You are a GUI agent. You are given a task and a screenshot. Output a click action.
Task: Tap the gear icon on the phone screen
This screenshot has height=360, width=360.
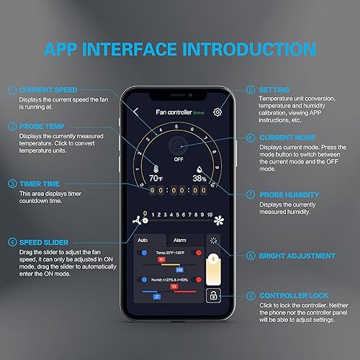pyautogui.click(x=218, y=112)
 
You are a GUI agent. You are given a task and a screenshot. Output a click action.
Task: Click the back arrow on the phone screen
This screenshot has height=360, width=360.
pyautogui.click(x=137, y=112)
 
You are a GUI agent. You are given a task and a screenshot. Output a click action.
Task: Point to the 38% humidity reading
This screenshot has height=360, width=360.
pyautogui.click(x=199, y=177)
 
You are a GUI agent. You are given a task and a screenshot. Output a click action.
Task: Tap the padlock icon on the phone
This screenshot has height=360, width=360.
pyautogui.click(x=212, y=296)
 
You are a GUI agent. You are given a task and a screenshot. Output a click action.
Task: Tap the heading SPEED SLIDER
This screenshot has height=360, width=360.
pyautogui.click(x=45, y=241)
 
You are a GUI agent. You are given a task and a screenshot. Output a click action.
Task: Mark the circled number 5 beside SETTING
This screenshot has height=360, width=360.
pyautogui.click(x=250, y=90)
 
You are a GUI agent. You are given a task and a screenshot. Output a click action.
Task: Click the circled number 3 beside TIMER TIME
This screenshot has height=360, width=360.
pyautogui.click(x=11, y=184)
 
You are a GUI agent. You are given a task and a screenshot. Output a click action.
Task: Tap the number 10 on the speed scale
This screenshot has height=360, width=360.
pyautogui.click(x=209, y=215)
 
